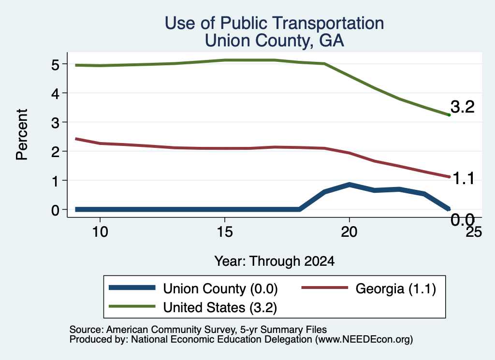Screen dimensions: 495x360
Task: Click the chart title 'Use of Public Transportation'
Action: click(x=275, y=23)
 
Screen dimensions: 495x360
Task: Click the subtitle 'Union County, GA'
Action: click(x=275, y=41)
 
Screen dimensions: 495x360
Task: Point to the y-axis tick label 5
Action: click(x=55, y=65)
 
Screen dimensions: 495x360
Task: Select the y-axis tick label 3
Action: click(x=55, y=123)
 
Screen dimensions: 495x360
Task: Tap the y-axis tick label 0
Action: click(x=55, y=210)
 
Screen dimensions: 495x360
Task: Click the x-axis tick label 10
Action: click(x=100, y=232)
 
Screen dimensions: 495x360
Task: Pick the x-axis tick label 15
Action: click(x=225, y=232)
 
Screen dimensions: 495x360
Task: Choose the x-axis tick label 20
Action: click(x=349, y=232)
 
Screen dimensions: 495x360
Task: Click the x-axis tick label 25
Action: click(x=474, y=232)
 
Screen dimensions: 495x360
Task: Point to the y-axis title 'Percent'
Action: click(x=22, y=134)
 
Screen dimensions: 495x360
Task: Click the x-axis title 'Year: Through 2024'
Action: click(x=275, y=261)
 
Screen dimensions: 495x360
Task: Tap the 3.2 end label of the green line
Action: click(x=463, y=107)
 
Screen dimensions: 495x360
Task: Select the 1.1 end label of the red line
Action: click(x=464, y=179)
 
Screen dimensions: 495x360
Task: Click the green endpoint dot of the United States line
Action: click(x=449, y=115)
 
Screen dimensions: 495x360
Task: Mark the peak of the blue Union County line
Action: click(x=349, y=185)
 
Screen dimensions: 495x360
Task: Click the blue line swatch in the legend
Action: click(x=132, y=288)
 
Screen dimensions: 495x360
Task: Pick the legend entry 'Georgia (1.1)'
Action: click(x=395, y=288)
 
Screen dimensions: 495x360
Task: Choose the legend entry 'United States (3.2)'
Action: click(x=220, y=308)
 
